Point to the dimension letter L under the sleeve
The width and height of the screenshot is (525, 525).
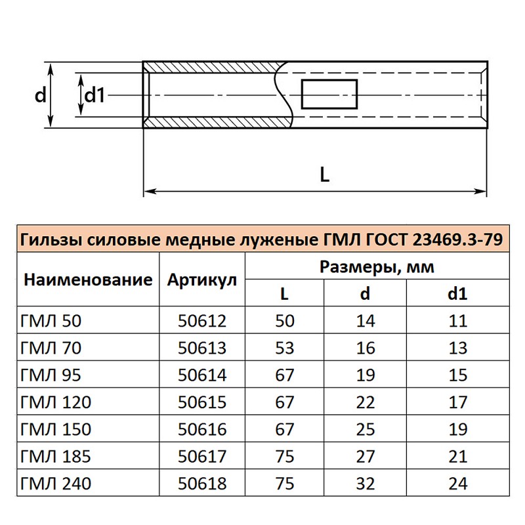click(325, 175)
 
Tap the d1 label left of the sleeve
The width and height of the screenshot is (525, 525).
click(94, 95)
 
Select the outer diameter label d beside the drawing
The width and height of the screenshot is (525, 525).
click(40, 95)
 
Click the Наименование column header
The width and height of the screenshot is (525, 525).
click(88, 280)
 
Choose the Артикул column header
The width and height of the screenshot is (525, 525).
click(202, 280)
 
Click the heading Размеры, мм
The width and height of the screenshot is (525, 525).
click(377, 267)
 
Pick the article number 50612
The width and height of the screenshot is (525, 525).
click(202, 321)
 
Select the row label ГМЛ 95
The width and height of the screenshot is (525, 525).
click(51, 375)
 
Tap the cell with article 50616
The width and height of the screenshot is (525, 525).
click(202, 429)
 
